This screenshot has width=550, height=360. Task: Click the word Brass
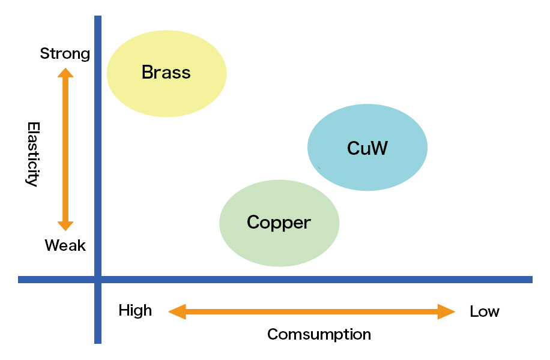166,73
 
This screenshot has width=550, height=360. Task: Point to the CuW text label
367,148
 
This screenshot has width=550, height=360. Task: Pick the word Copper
279,223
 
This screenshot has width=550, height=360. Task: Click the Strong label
65,53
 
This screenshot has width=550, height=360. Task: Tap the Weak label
65,245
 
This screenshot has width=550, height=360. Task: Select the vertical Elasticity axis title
33,154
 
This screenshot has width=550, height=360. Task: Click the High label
135,311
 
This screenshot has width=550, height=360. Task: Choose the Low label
484,311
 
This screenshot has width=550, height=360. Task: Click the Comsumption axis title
319,334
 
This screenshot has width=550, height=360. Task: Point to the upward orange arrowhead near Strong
65,73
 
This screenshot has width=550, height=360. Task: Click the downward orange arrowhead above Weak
65,226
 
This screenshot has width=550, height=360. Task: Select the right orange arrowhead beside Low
447,311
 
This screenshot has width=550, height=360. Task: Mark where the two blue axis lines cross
98,280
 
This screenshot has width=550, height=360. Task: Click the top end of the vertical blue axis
98,18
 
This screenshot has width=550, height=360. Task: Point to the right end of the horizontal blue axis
530,280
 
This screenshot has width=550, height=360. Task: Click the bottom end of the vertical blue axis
98,341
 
